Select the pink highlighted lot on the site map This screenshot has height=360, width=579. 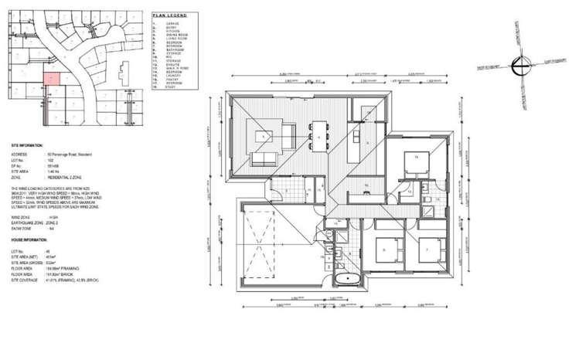[50, 77]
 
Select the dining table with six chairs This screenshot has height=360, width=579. [320, 136]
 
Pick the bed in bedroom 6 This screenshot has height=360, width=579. [385, 250]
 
